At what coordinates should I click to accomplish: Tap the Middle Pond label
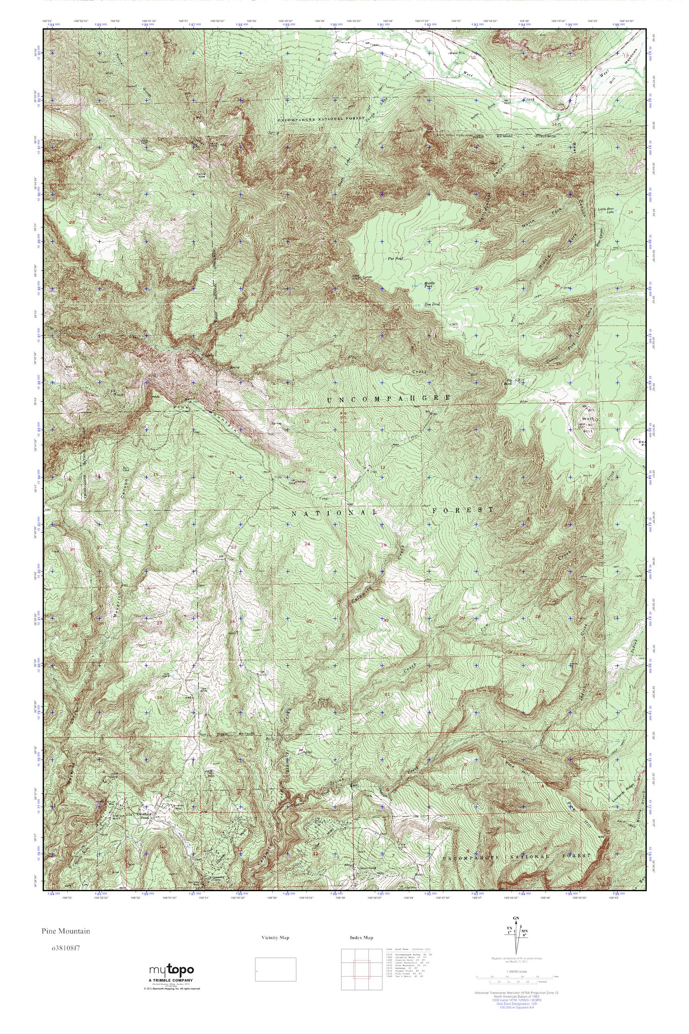pos(428,285)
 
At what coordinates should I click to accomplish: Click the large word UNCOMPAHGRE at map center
pos(389,398)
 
